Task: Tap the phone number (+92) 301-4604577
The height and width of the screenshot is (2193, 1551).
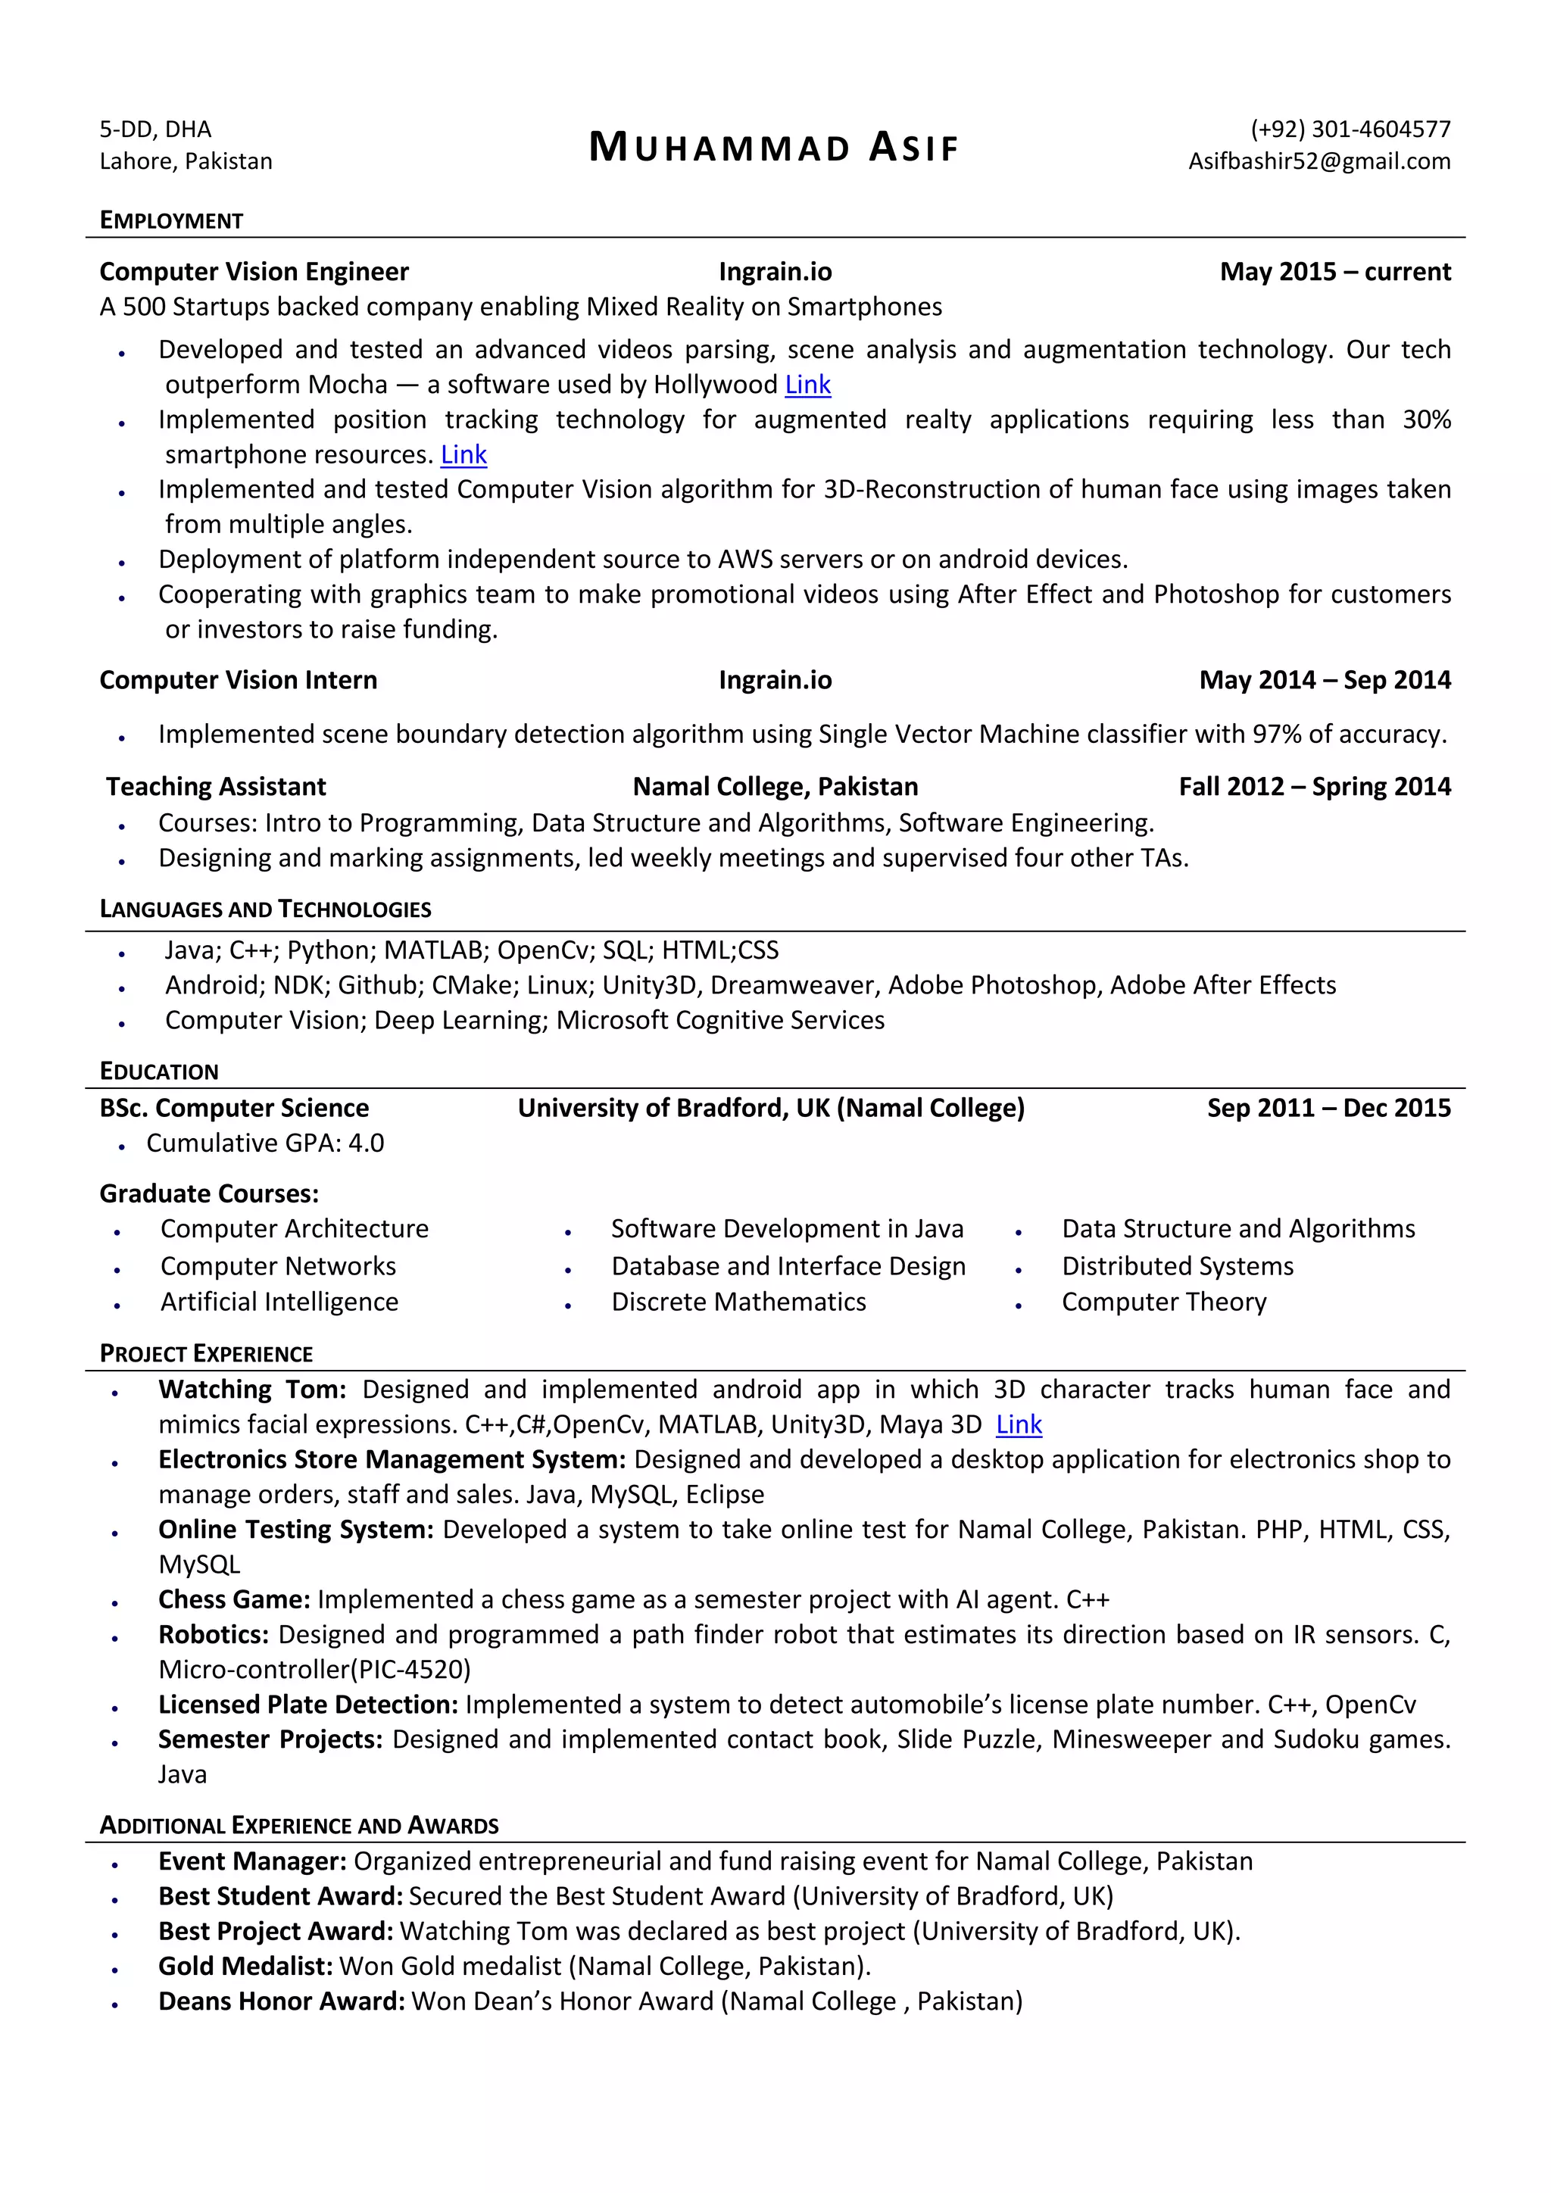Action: click(x=1350, y=129)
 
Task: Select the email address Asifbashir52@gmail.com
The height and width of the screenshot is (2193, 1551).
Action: click(x=1319, y=161)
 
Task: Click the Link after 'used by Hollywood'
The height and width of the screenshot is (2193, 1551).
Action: click(x=807, y=385)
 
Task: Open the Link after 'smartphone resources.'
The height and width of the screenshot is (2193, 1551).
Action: click(x=463, y=454)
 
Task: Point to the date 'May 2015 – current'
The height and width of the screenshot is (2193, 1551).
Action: click(x=1334, y=272)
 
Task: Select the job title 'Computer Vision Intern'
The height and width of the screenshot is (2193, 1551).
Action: click(x=238, y=680)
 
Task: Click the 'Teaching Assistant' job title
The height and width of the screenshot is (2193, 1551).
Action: click(x=216, y=786)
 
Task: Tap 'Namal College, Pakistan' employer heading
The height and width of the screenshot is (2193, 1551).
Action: click(x=775, y=786)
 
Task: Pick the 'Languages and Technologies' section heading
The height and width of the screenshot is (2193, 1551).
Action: click(x=266, y=909)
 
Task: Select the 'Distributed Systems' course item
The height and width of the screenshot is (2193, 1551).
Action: click(x=1177, y=1267)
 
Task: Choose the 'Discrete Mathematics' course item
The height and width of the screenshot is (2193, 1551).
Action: click(x=738, y=1302)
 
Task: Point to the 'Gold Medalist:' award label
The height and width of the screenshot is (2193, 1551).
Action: click(x=245, y=1966)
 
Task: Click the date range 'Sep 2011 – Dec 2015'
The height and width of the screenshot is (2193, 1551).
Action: click(x=1328, y=1108)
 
